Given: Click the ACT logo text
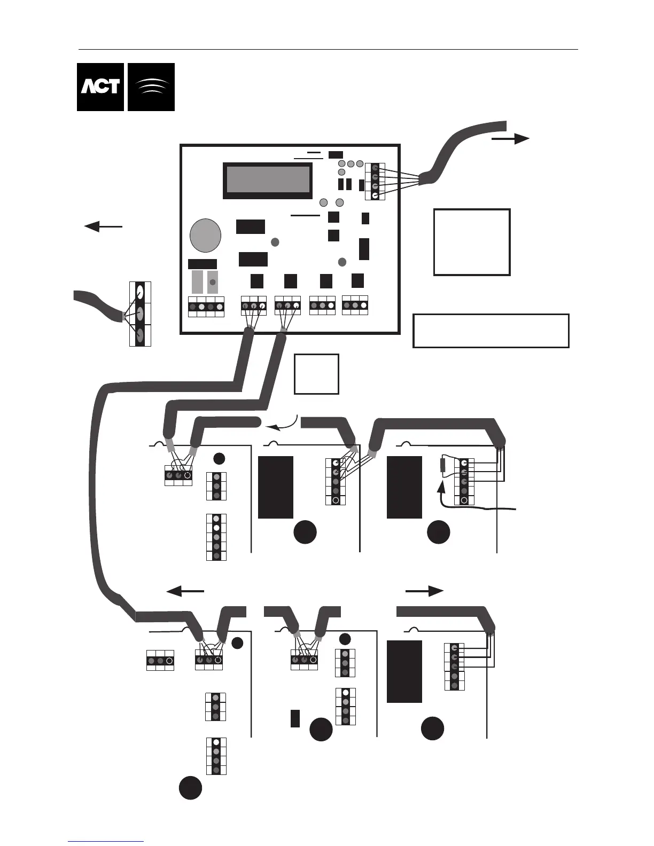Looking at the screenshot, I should point(100,87).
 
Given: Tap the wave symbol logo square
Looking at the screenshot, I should point(151,87).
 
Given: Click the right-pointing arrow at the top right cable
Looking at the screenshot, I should point(510,139).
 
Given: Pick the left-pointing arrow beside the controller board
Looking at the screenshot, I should point(103,226).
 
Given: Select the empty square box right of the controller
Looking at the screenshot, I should point(472,242).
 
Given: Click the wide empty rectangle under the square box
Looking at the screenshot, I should point(491,331).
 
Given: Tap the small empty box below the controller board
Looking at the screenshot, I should point(316,374).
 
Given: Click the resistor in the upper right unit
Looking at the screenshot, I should point(442,465).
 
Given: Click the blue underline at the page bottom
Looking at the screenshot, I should point(106,841).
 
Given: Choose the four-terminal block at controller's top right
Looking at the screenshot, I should point(375,182).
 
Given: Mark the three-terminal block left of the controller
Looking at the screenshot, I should point(140,314).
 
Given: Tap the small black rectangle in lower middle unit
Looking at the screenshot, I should point(295,718).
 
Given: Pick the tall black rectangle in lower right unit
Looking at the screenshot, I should point(404,671).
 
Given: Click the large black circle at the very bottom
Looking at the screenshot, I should point(190,788).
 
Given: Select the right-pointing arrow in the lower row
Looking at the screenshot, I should point(425,591).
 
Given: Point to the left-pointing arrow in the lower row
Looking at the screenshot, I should point(185,591).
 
